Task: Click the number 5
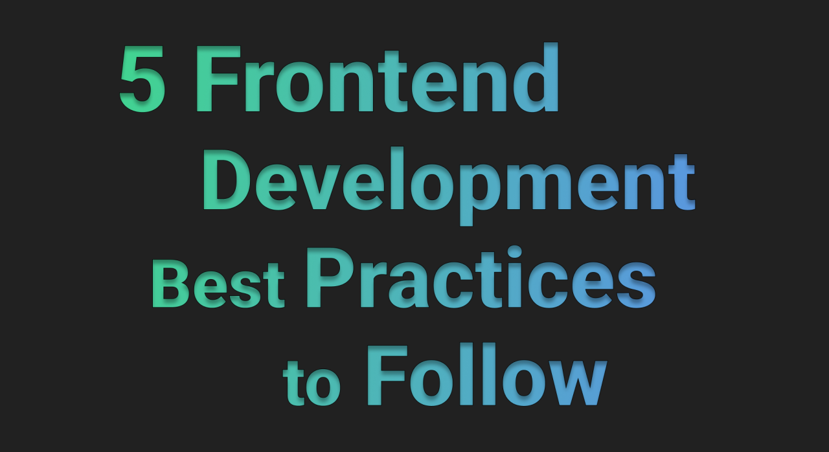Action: (142, 78)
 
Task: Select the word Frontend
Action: (377, 78)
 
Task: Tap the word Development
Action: (449, 185)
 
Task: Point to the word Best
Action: (218, 284)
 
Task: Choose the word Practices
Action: (481, 277)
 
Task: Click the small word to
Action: (312, 383)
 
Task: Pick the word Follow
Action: (487, 374)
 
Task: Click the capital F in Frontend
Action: (218, 78)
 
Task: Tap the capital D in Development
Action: (227, 179)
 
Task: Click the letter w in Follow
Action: (574, 383)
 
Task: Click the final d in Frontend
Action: (535, 78)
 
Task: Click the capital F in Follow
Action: (387, 376)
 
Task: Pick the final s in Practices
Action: (636, 286)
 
